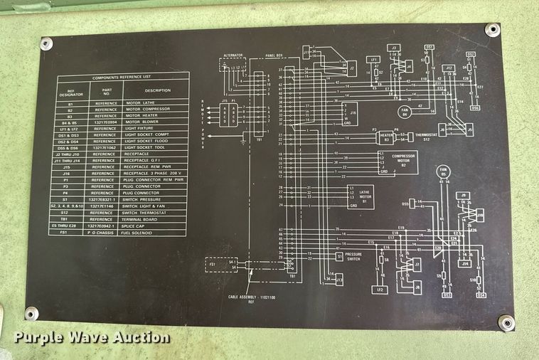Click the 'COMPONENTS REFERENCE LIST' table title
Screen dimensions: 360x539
(122, 78)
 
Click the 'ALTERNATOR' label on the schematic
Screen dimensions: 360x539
(233, 54)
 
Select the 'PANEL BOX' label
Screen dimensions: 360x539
(275, 54)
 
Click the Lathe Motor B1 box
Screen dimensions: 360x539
(360, 196)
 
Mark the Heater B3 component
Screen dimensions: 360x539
(386, 134)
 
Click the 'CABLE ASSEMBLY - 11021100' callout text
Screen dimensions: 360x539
(250, 297)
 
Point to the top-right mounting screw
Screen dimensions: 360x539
(492, 30)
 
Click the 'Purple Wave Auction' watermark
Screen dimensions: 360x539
(92, 337)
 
